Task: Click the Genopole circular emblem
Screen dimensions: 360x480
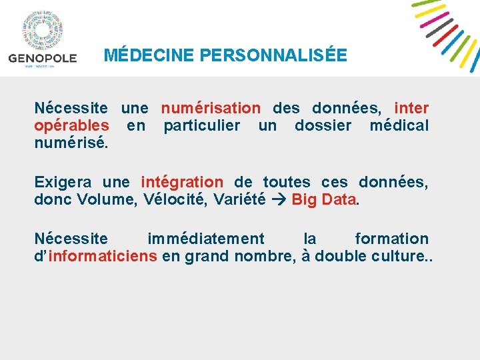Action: (43, 31)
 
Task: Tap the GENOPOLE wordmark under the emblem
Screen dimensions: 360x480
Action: (43, 58)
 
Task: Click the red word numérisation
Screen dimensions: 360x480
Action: (211, 108)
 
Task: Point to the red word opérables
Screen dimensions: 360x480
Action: (72, 125)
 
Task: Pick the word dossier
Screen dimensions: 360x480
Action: (323, 125)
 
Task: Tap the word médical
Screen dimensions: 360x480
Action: (399, 125)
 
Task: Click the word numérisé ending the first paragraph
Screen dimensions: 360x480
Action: (70, 143)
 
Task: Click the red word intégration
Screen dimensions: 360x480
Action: (182, 182)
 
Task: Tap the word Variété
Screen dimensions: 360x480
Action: (241, 199)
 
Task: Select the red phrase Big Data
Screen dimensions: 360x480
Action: (323, 199)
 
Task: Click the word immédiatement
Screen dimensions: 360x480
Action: (205, 239)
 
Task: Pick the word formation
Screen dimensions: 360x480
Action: (391, 239)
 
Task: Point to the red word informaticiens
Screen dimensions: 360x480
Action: (103, 256)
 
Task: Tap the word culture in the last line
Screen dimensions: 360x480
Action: (395, 256)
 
